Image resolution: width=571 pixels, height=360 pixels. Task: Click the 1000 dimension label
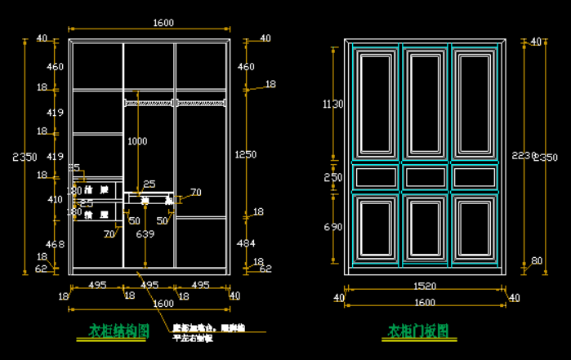[x=137, y=141]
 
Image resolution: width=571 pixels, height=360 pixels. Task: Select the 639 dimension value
[x=145, y=234]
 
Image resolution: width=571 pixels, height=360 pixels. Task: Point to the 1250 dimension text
[x=245, y=154]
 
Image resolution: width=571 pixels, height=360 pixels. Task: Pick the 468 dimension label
[x=55, y=244]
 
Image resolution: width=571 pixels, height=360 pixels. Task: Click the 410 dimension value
[x=55, y=199]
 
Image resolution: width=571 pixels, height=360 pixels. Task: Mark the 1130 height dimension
[x=332, y=104]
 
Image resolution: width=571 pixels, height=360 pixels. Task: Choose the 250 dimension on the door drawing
[x=332, y=177]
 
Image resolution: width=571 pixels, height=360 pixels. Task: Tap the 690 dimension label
[x=332, y=226]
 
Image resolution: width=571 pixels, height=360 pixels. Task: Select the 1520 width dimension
[x=425, y=287]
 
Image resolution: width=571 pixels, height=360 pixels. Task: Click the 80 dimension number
[x=536, y=261]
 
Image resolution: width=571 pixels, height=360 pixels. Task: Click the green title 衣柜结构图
[x=118, y=331]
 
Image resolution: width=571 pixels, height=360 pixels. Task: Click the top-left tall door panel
[x=377, y=104]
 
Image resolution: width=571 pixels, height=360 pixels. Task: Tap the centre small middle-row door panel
[x=425, y=177]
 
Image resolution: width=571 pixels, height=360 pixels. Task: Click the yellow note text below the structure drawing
[x=207, y=332]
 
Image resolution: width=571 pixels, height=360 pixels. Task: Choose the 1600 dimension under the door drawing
[x=425, y=303]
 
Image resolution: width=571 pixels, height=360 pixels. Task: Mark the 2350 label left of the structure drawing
[x=25, y=157]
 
